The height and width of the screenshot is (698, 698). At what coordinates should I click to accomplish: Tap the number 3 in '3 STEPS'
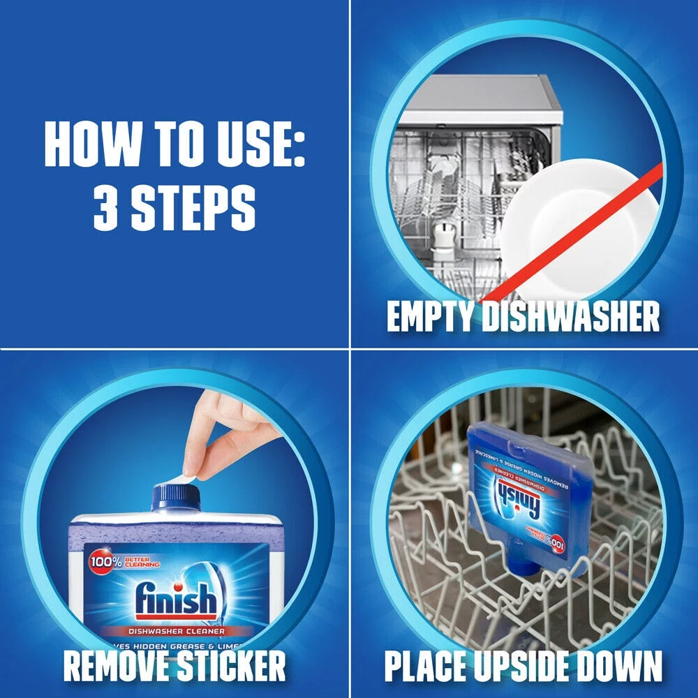[105, 209]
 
